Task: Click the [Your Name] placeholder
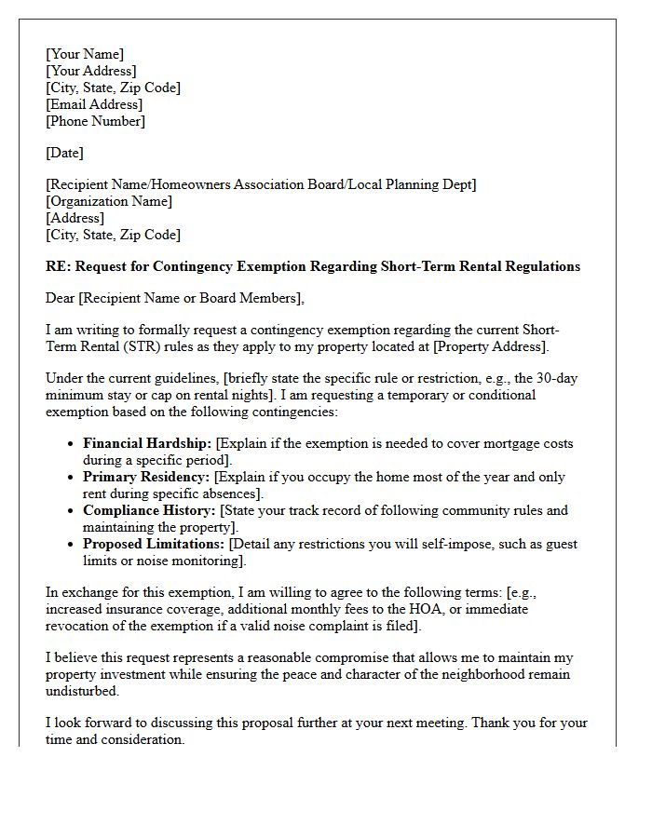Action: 85,54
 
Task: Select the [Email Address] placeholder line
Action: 94,104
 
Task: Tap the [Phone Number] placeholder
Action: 95,121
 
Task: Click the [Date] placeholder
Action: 64,153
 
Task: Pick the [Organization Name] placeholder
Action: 109,201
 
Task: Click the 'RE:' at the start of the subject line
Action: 58,266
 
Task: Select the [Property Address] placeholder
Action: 483,346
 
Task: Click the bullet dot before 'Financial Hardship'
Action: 71,444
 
